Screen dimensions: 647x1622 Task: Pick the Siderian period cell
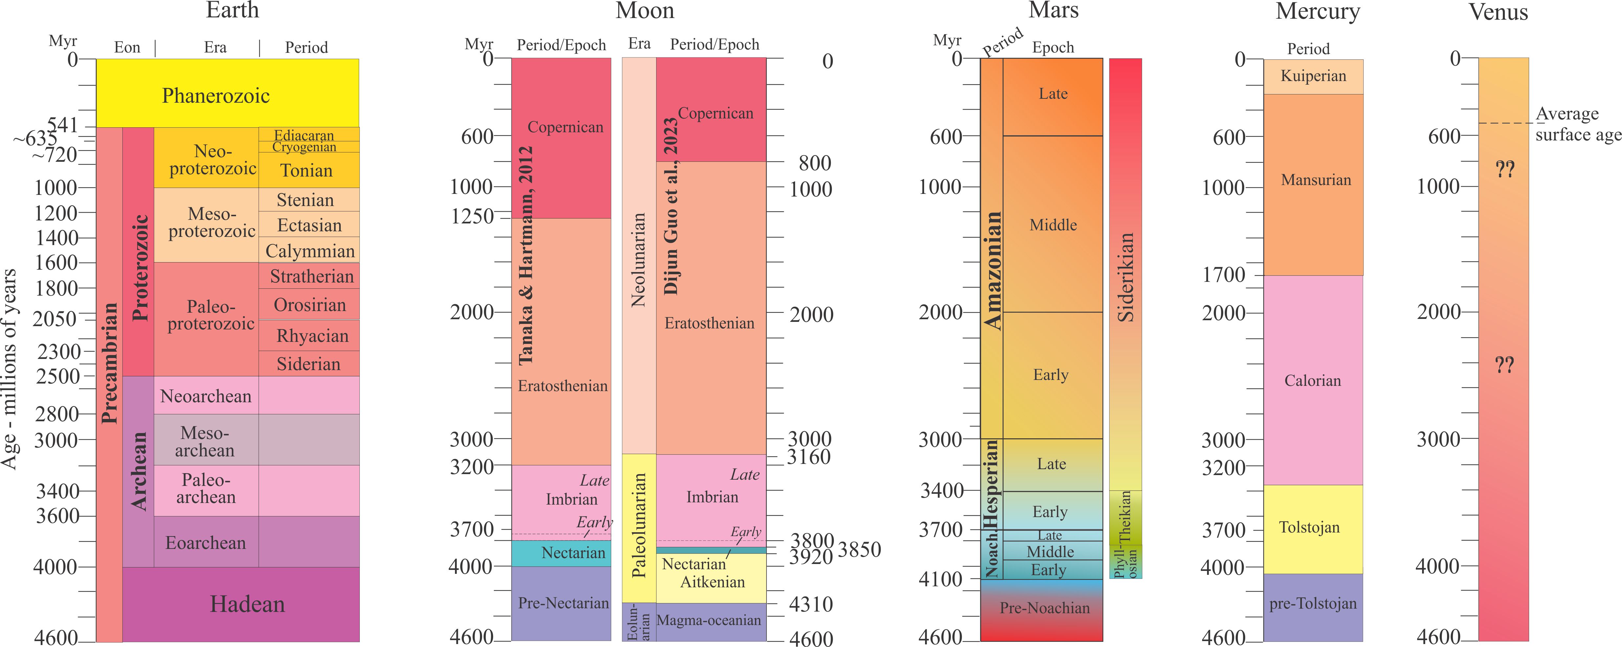(309, 364)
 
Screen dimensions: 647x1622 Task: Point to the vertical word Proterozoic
(140, 267)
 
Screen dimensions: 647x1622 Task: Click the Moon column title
(645, 11)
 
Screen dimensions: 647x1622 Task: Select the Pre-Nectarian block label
(563, 603)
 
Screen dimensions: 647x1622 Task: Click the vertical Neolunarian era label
(638, 259)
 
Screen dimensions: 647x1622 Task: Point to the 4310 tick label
(811, 604)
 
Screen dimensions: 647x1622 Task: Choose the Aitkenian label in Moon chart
(712, 581)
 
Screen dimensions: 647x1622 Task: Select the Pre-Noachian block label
(1045, 608)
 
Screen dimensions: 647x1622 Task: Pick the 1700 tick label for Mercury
(1223, 275)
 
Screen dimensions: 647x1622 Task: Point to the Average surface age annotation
(1577, 124)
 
